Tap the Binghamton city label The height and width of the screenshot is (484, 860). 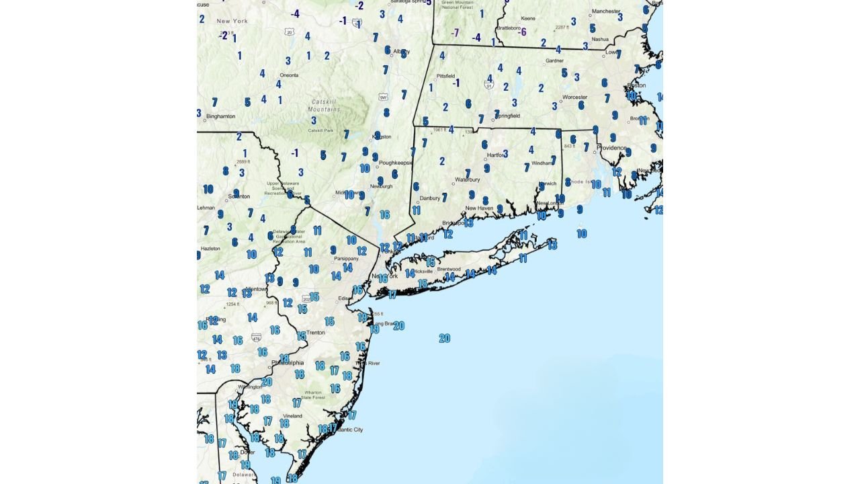pos(221,116)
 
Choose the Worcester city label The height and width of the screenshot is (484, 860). pos(574,97)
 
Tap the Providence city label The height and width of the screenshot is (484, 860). pos(611,148)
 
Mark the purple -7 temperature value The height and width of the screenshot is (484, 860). pos(455,33)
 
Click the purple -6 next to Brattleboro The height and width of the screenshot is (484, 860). pos(523,32)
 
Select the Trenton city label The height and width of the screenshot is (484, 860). pos(315,333)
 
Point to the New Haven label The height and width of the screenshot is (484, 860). pos(480,208)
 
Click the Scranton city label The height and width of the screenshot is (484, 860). pos(239,196)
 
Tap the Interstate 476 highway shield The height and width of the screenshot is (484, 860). pos(256,337)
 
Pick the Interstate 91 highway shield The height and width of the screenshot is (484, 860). pos(488,85)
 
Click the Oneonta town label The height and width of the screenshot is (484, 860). pos(289,75)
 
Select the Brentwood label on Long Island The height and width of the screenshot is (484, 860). pos(449,269)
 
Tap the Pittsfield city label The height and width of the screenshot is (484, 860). pos(446,76)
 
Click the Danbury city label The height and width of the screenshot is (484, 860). pos(429,198)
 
